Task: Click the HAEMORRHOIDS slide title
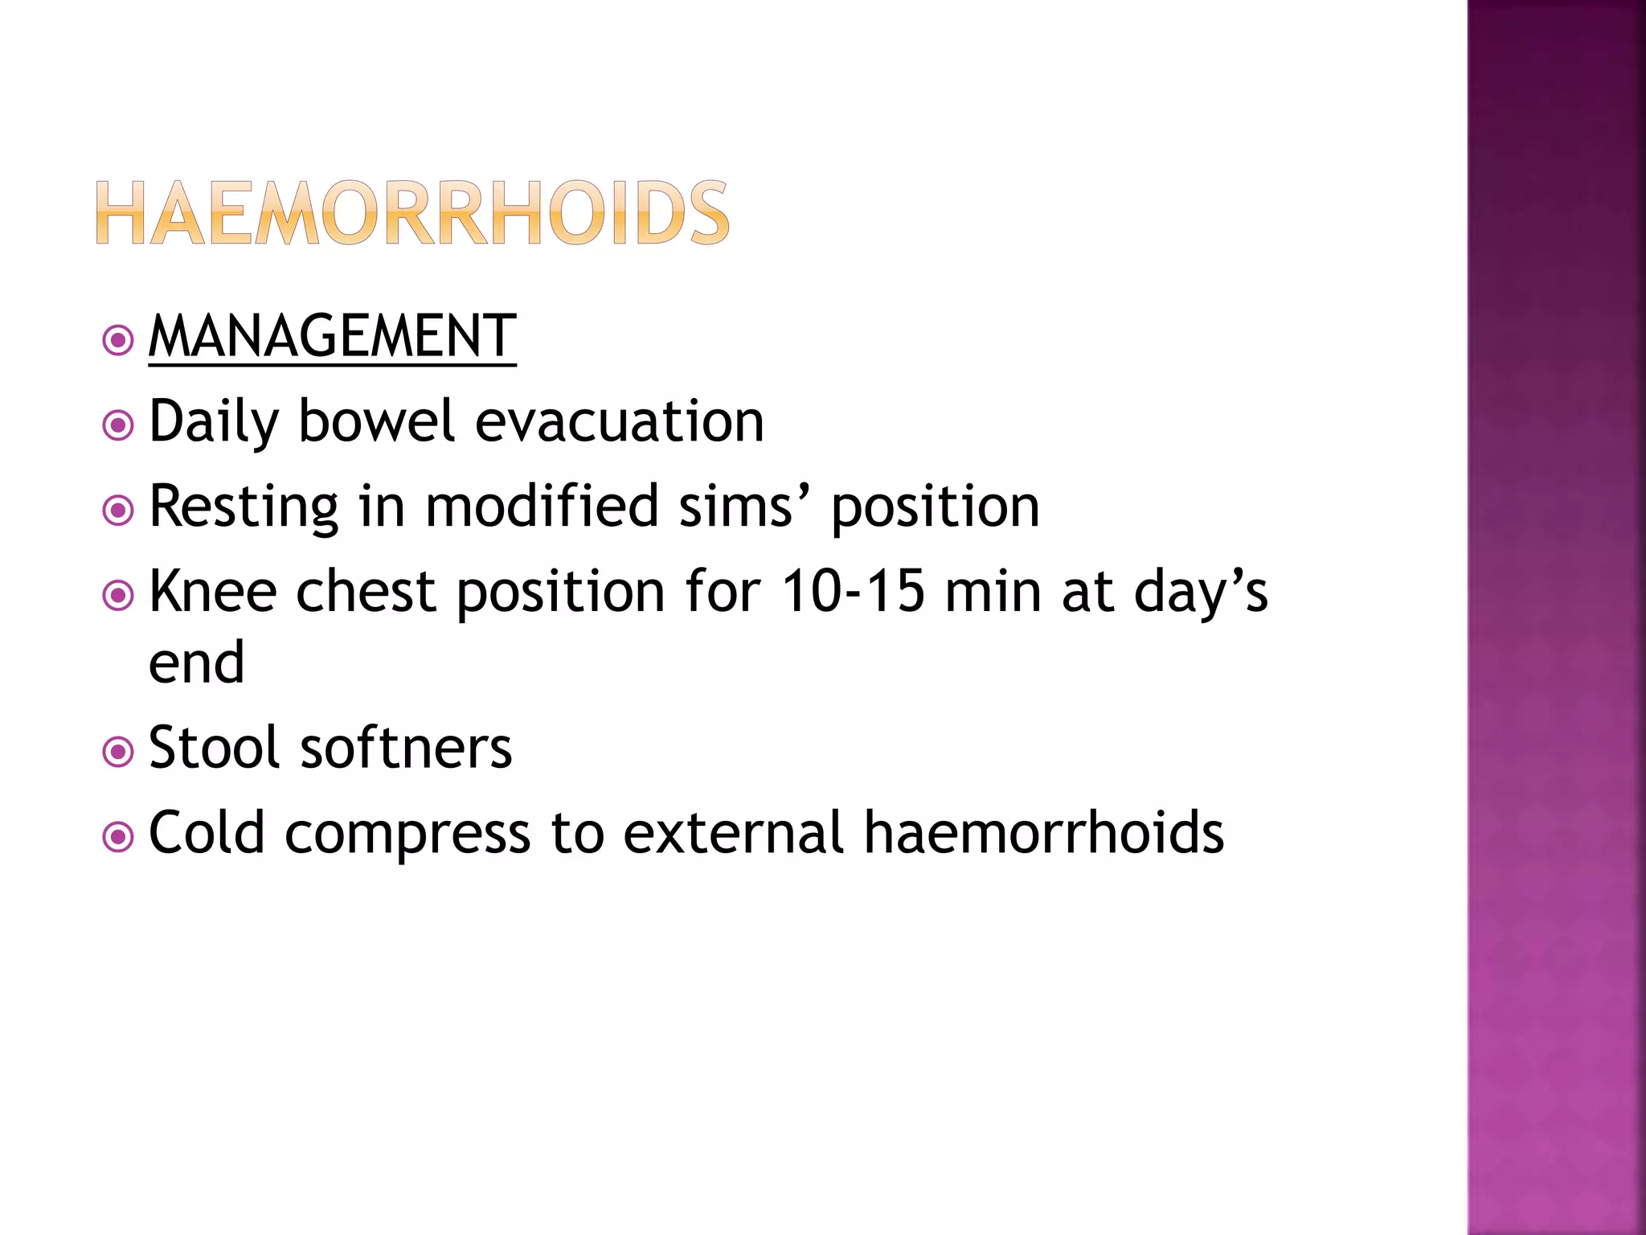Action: [x=412, y=213]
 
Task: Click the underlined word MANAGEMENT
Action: [x=332, y=336]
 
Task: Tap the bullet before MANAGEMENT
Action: [x=118, y=340]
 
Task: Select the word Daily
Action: [x=214, y=421]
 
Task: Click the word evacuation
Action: [x=619, y=421]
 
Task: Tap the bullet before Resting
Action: [x=118, y=510]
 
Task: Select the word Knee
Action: [x=212, y=592]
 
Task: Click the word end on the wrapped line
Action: [x=196, y=663]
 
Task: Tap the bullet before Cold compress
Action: [x=118, y=837]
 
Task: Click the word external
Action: [x=732, y=833]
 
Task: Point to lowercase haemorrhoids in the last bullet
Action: [x=1043, y=833]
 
